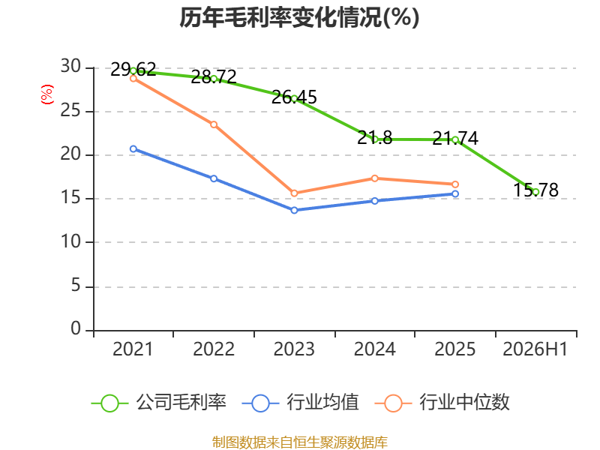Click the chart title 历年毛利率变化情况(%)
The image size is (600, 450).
coord(299,17)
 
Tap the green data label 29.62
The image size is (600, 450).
coord(133,70)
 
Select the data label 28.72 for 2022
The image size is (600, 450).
coord(214,77)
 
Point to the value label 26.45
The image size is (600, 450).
coord(294,97)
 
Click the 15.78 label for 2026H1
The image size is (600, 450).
coord(535,190)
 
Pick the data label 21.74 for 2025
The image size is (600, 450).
coord(455,138)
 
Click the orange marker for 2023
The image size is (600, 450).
coord(294,193)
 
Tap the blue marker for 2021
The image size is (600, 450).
coord(133,148)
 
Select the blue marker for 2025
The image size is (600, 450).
coord(455,194)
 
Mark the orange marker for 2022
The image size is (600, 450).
coord(214,124)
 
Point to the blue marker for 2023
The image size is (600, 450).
coord(294,210)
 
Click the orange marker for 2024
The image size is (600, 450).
coord(374,178)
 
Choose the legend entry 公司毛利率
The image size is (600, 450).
coord(159,403)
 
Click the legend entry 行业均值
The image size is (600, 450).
coord(301,403)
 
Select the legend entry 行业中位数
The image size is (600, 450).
coord(442,403)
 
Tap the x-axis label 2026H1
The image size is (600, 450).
coord(535,349)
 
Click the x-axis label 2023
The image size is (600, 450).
coord(294,349)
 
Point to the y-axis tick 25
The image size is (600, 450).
coord(70,111)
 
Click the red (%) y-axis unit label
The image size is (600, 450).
coord(47,94)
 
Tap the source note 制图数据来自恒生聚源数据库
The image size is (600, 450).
coord(300,442)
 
